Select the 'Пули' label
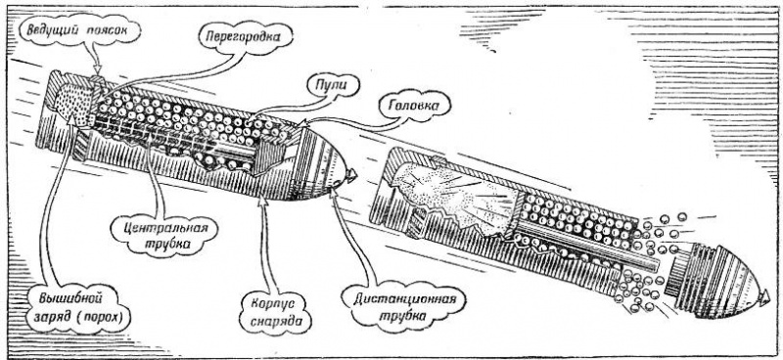[333, 85]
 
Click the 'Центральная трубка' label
[164, 236]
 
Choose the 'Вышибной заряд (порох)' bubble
[78, 308]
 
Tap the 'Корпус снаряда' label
[276, 310]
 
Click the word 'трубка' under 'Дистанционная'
[404, 317]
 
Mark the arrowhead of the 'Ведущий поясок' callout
[97, 68]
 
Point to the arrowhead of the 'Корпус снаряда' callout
[263, 202]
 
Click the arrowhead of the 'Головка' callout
[303, 123]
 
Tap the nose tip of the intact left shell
[354, 175]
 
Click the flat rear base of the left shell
[46, 109]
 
